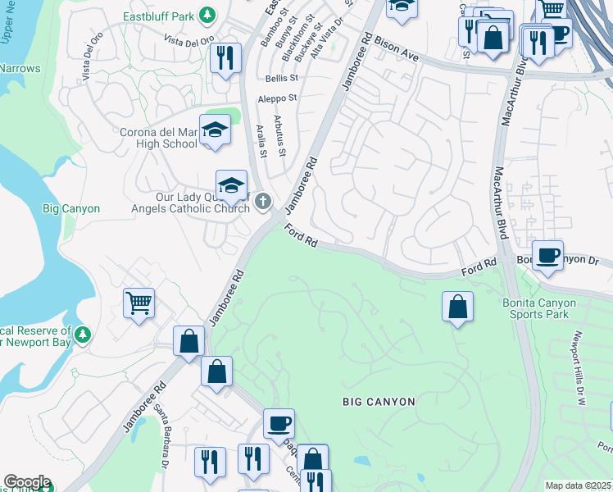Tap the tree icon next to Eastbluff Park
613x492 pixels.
(x=208, y=16)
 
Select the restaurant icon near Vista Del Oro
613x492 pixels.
(x=225, y=57)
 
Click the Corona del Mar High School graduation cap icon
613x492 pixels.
(x=215, y=130)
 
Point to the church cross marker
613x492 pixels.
(x=263, y=201)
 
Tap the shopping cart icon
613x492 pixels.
(x=139, y=303)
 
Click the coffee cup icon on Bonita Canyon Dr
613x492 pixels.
(x=547, y=254)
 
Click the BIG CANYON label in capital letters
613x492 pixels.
(x=379, y=402)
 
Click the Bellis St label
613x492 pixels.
(x=282, y=79)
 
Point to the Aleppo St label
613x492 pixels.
(x=276, y=98)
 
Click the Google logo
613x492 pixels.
(x=26, y=482)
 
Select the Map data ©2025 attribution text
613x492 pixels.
(x=578, y=485)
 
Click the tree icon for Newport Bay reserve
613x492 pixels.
(x=82, y=335)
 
